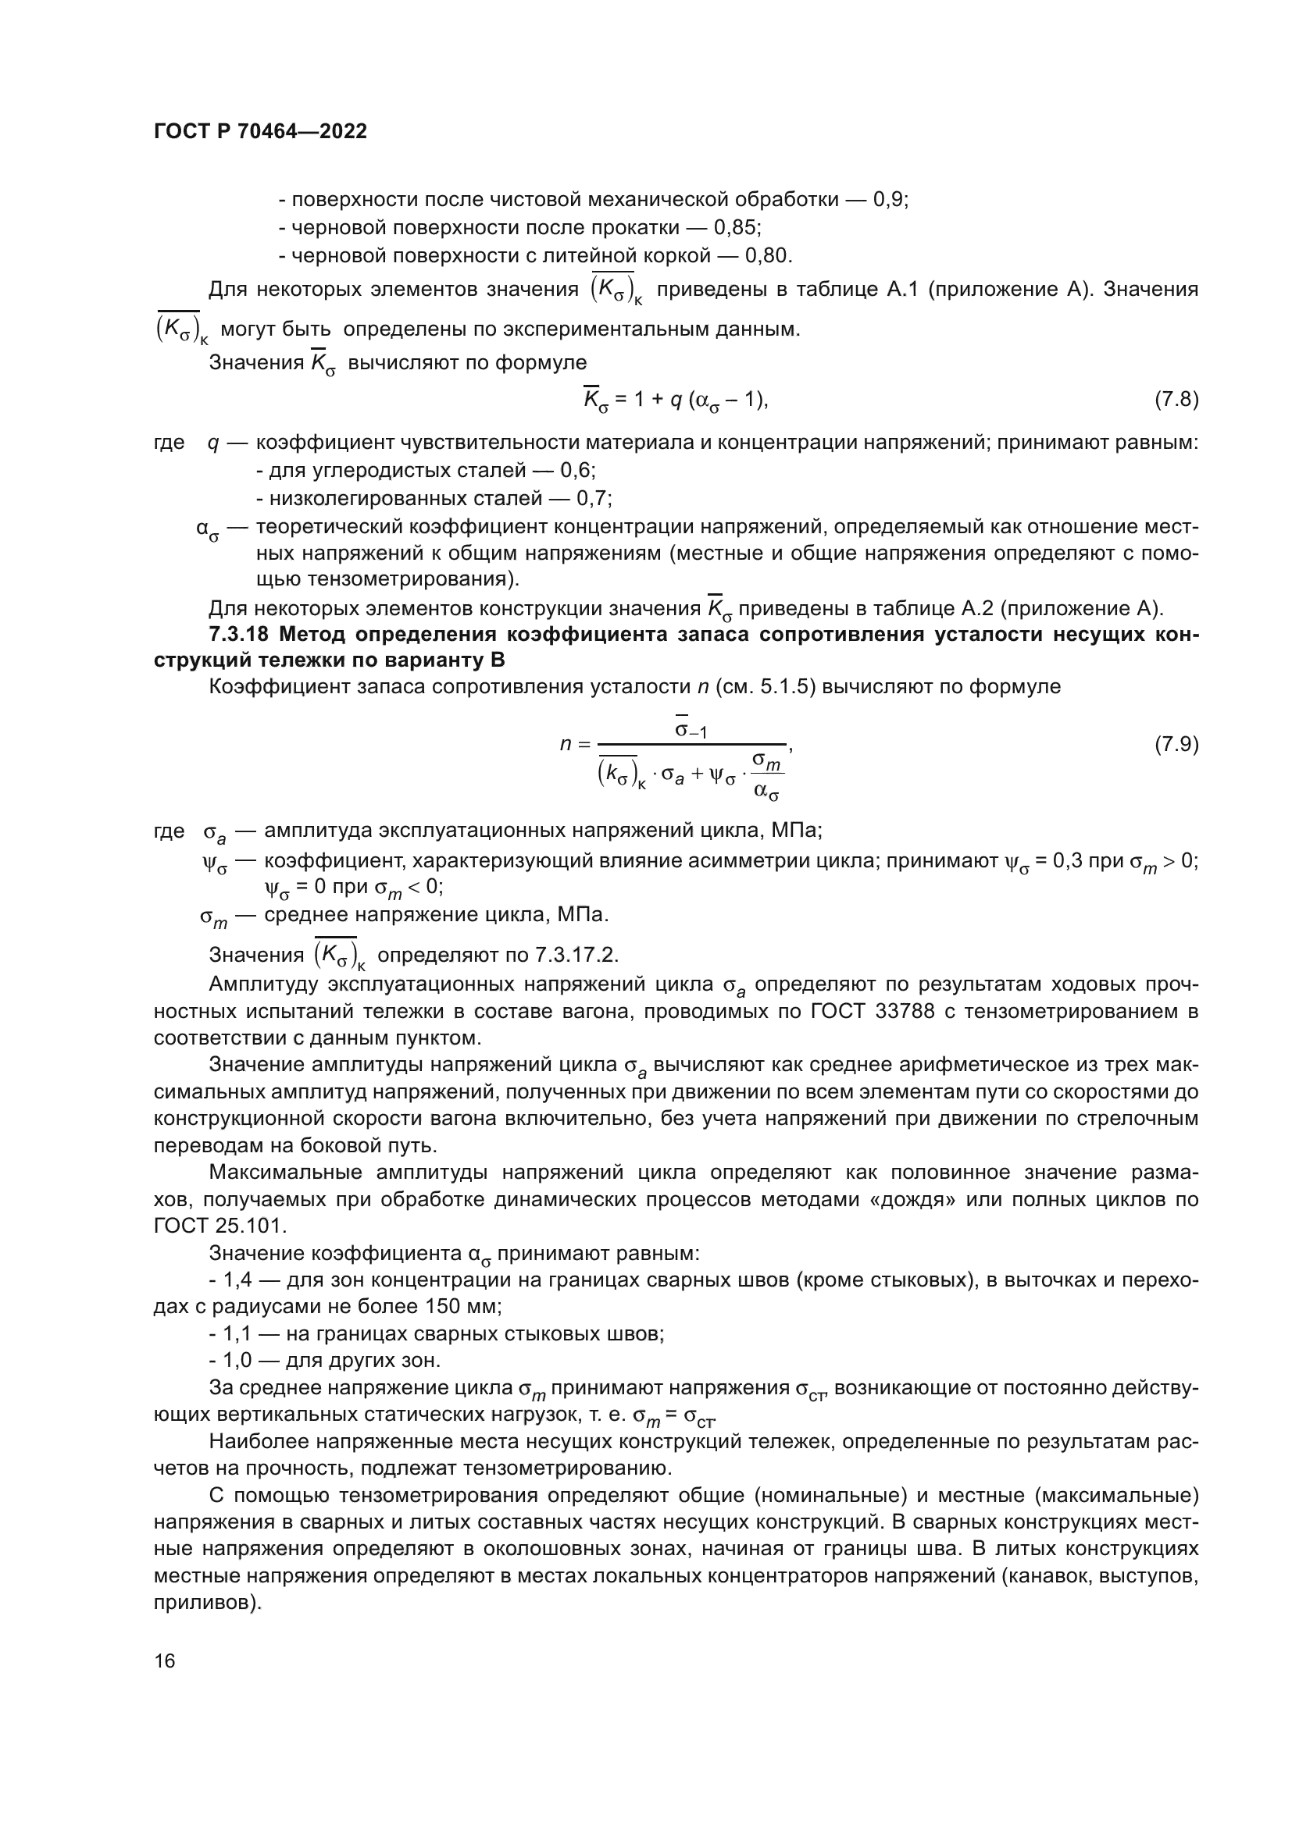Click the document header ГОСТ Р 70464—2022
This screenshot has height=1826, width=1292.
point(260,132)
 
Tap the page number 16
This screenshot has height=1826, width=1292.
point(165,1661)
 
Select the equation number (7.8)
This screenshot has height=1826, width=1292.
point(1176,400)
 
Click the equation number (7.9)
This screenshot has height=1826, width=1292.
point(1176,746)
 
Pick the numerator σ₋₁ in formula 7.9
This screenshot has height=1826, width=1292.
point(690,729)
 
